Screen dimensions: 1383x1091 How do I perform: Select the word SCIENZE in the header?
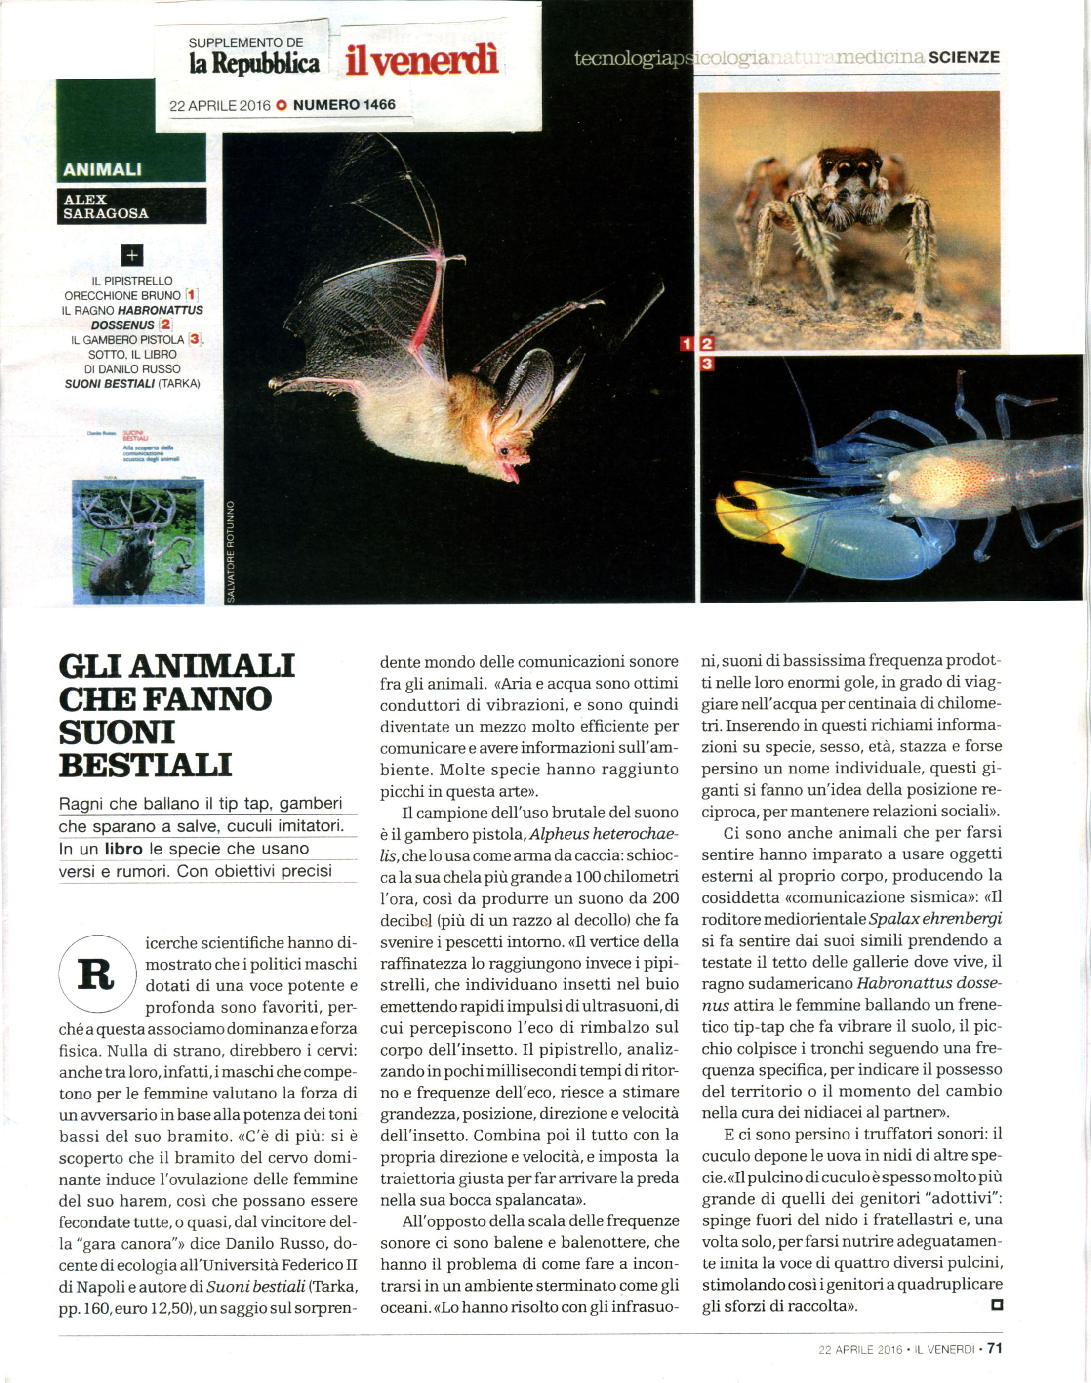(x=964, y=57)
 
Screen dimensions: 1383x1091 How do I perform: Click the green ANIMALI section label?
(x=102, y=169)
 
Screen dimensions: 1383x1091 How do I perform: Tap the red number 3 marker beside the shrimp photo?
(x=706, y=365)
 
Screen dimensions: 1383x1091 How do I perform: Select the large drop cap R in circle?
(x=97, y=976)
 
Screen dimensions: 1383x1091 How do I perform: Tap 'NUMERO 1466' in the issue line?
(x=344, y=105)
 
